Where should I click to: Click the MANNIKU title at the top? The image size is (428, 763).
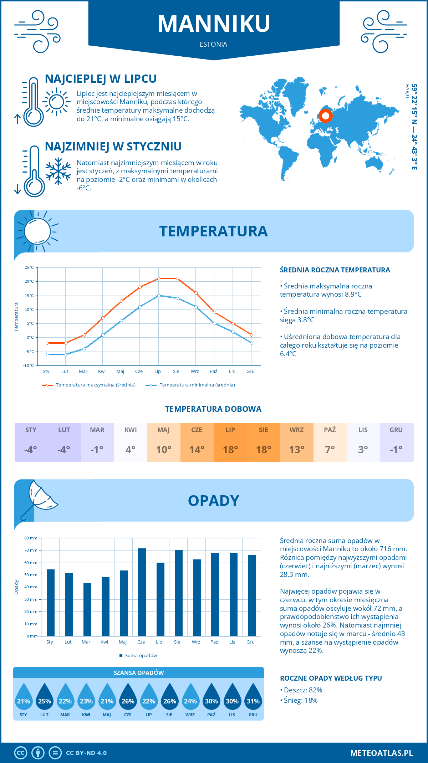(214, 24)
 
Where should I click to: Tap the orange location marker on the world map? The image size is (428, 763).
(325, 116)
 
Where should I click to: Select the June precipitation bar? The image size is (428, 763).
(142, 592)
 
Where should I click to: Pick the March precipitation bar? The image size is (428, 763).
(87, 609)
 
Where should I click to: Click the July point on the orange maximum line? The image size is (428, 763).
(159, 278)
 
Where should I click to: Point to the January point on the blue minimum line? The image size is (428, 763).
(47, 354)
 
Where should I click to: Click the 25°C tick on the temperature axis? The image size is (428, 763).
(29, 267)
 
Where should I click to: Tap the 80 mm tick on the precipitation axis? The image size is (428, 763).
(31, 538)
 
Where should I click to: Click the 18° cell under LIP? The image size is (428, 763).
(230, 450)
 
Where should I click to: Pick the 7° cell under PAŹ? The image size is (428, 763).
(330, 450)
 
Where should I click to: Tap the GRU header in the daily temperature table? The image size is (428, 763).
(396, 430)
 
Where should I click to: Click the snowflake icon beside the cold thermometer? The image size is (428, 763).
(58, 171)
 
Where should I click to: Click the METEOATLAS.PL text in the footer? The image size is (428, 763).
(382, 753)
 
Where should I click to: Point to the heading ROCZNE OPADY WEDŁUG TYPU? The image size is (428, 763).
(331, 678)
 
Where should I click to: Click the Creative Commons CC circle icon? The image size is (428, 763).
(21, 753)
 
